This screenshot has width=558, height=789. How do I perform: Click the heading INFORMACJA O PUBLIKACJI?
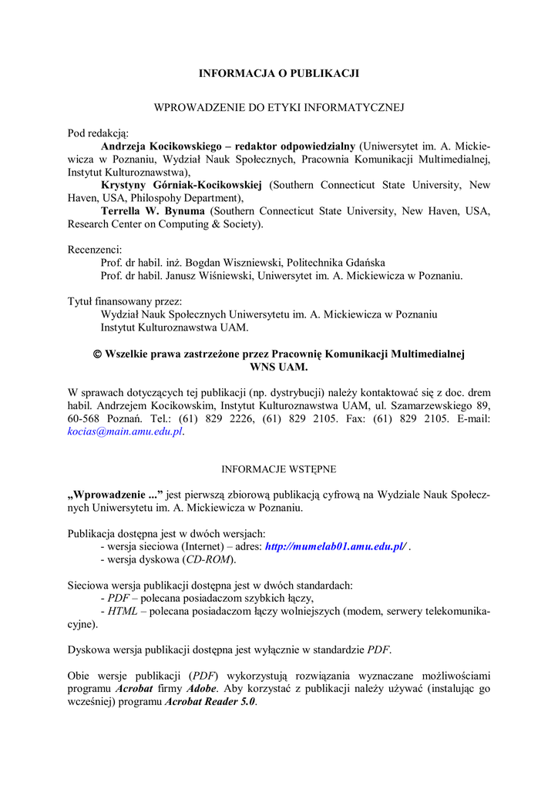(279, 73)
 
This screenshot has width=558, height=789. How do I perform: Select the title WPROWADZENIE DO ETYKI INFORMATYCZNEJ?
(279, 107)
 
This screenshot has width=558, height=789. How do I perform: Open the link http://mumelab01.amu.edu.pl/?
(335, 546)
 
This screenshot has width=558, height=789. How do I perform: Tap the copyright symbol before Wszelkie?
(97, 354)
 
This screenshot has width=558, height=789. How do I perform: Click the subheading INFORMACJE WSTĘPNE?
(279, 468)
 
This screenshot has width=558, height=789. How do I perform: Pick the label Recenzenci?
(96, 250)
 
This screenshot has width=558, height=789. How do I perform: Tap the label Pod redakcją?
(98, 133)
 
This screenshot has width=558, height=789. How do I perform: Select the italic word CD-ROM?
(209, 559)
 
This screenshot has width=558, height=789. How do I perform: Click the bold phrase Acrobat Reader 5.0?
(210, 703)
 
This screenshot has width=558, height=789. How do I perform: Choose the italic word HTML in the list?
(123, 611)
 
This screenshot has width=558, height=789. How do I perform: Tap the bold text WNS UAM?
(279, 367)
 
